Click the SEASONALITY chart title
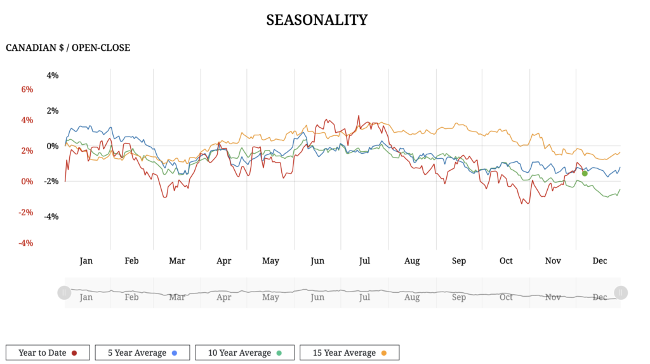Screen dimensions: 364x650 point(317,20)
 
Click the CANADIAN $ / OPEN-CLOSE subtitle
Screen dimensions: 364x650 point(68,48)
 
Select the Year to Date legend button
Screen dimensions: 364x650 point(47,353)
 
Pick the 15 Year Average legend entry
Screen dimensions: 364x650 point(349,353)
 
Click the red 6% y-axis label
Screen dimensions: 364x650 point(27,90)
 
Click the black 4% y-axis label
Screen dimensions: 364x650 point(53,76)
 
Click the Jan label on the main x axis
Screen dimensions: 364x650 point(86,261)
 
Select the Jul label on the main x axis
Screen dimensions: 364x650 point(364,261)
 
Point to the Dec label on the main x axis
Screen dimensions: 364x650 point(599,261)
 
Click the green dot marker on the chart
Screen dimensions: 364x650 point(585,173)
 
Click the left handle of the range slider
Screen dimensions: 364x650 point(64,293)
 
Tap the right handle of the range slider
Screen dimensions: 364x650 point(621,293)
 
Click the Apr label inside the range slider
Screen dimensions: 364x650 point(224,297)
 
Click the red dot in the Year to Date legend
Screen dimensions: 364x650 point(75,353)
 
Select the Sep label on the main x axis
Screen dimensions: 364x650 point(459,261)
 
